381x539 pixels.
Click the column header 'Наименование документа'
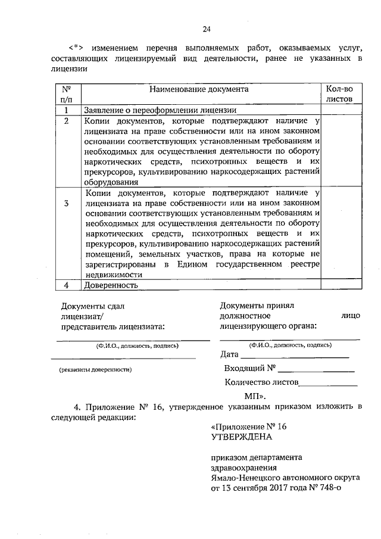click(x=199, y=89)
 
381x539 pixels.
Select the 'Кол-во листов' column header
click(x=339, y=94)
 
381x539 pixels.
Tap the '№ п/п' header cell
click(x=67, y=94)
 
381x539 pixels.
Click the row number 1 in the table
click(x=67, y=110)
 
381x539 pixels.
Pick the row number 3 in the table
click(x=67, y=204)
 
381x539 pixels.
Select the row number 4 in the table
click(x=67, y=285)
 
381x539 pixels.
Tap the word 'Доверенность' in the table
click(x=111, y=285)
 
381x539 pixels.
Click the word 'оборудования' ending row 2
click(x=112, y=183)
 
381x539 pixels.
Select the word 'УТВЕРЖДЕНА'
click(x=241, y=437)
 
